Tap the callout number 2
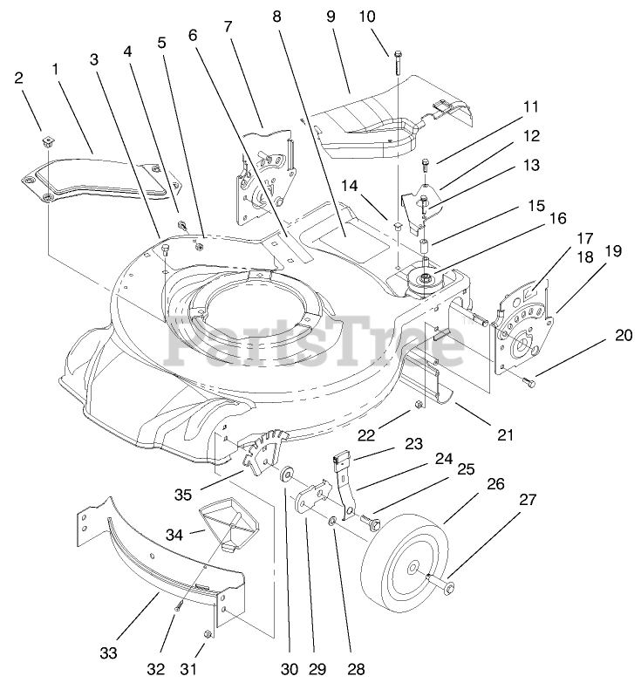18,77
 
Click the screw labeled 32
177,602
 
